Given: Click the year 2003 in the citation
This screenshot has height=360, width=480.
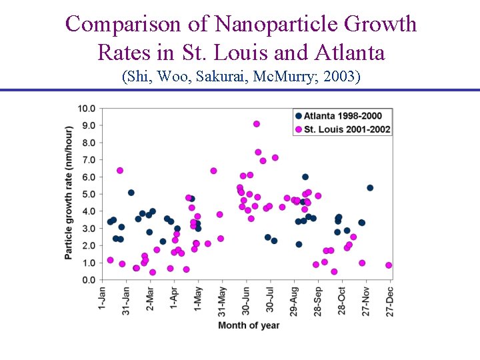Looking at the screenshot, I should [340, 77].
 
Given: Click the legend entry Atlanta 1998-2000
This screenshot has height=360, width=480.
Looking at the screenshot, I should [343, 116].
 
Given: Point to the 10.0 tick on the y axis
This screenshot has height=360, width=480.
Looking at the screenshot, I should [86, 108].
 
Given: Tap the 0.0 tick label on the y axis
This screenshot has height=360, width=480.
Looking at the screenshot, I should [88, 280].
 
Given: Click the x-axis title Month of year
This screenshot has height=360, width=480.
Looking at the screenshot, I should [249, 325].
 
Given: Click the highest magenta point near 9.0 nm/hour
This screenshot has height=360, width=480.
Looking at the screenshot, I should [257, 124].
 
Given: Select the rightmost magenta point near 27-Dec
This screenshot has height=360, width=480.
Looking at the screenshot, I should [389, 265].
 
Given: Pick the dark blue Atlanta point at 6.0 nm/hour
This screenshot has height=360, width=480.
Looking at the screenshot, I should [305, 177].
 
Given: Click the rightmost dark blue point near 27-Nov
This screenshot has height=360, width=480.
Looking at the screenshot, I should [370, 188].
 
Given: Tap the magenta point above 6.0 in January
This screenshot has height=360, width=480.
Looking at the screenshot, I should [120, 171].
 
